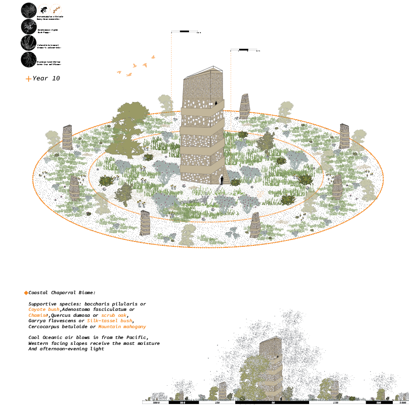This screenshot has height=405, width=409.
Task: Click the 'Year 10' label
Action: (x=46, y=78)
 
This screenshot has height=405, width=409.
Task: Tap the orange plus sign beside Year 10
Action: (x=29, y=79)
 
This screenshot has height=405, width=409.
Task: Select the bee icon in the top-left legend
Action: (x=44, y=9)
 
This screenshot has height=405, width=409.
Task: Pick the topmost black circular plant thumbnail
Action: (x=29, y=10)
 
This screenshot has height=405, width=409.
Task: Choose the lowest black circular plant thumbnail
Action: (x=29, y=60)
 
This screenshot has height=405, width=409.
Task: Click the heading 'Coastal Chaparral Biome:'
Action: (x=62, y=293)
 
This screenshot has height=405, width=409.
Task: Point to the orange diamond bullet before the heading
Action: (x=26, y=293)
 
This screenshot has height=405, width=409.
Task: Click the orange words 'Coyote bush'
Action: (x=44, y=309)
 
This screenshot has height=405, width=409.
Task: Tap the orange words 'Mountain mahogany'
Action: (x=122, y=327)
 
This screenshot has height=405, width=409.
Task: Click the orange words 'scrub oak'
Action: (x=114, y=315)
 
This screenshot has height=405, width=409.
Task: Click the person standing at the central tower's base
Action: (x=221, y=180)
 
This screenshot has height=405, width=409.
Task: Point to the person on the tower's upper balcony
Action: (x=215, y=103)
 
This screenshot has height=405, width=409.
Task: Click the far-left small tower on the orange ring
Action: (x=67, y=137)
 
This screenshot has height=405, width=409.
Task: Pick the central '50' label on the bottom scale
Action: (x=273, y=403)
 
